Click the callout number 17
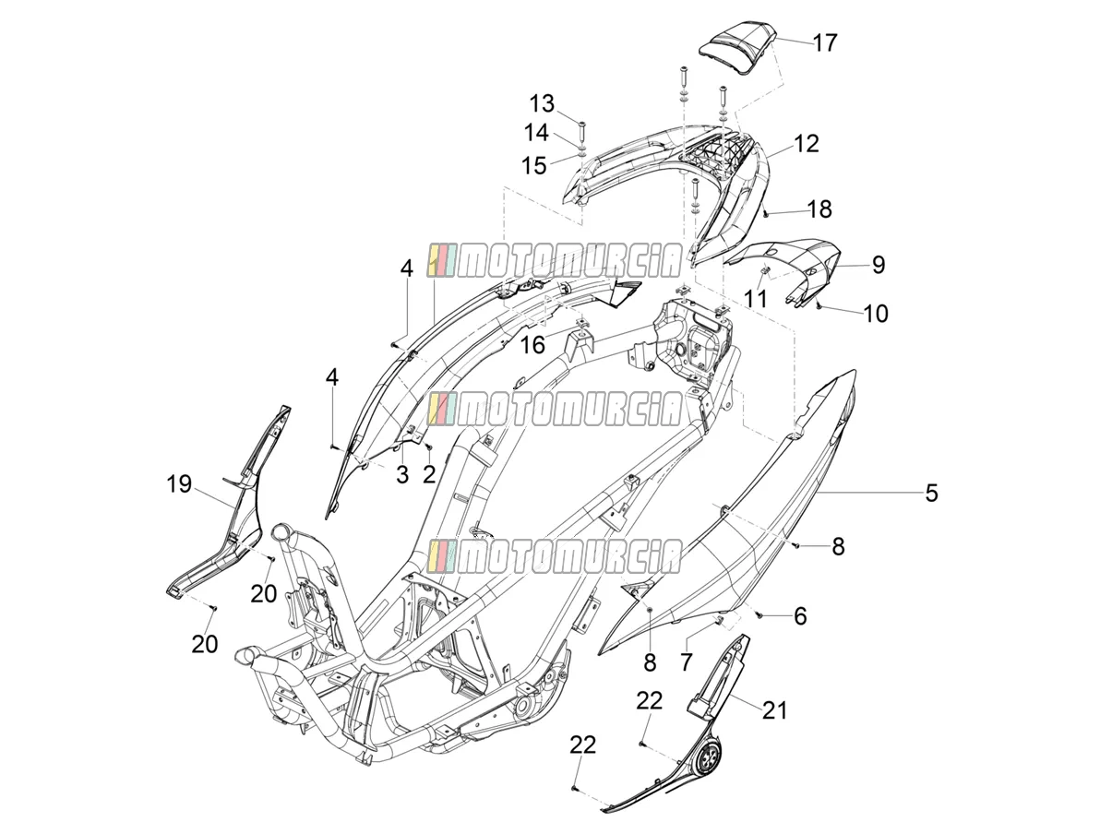pos(825,42)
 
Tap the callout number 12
pos(806,144)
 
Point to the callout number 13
pos(542,104)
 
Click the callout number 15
pos(534,165)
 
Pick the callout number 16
pos(532,345)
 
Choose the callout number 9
pos(878,265)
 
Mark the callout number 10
pos(876,314)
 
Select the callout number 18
pos(819,208)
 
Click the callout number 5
pos(931,493)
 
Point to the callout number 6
pos(800,616)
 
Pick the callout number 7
pos(686,661)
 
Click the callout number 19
pos(179,484)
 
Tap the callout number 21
pos(775,710)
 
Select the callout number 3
pos(401,475)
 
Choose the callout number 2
pos(429,474)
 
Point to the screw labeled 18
pos(766,214)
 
